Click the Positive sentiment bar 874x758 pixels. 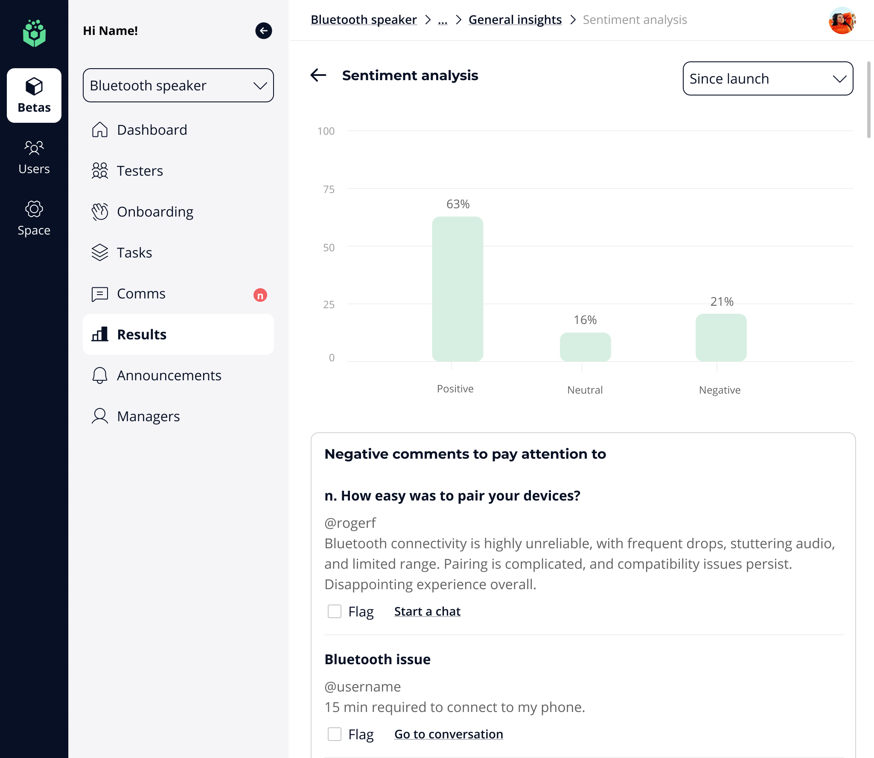457,289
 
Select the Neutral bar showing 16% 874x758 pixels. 585,347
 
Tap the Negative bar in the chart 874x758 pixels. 721,337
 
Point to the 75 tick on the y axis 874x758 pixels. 329,189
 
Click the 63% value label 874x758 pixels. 458,204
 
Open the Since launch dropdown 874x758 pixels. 768,78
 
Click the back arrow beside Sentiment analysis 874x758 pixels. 318,75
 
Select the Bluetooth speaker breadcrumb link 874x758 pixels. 364,20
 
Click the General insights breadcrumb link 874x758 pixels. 515,20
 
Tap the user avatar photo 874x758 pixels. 842,20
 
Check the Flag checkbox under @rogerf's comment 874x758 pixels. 335,611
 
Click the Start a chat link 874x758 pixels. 427,611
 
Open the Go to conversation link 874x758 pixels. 449,734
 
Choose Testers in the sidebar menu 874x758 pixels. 140,171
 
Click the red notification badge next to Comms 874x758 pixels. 260,295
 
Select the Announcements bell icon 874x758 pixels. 100,375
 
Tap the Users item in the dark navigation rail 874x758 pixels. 34,157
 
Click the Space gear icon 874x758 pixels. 34,209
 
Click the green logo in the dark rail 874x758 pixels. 34,33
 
